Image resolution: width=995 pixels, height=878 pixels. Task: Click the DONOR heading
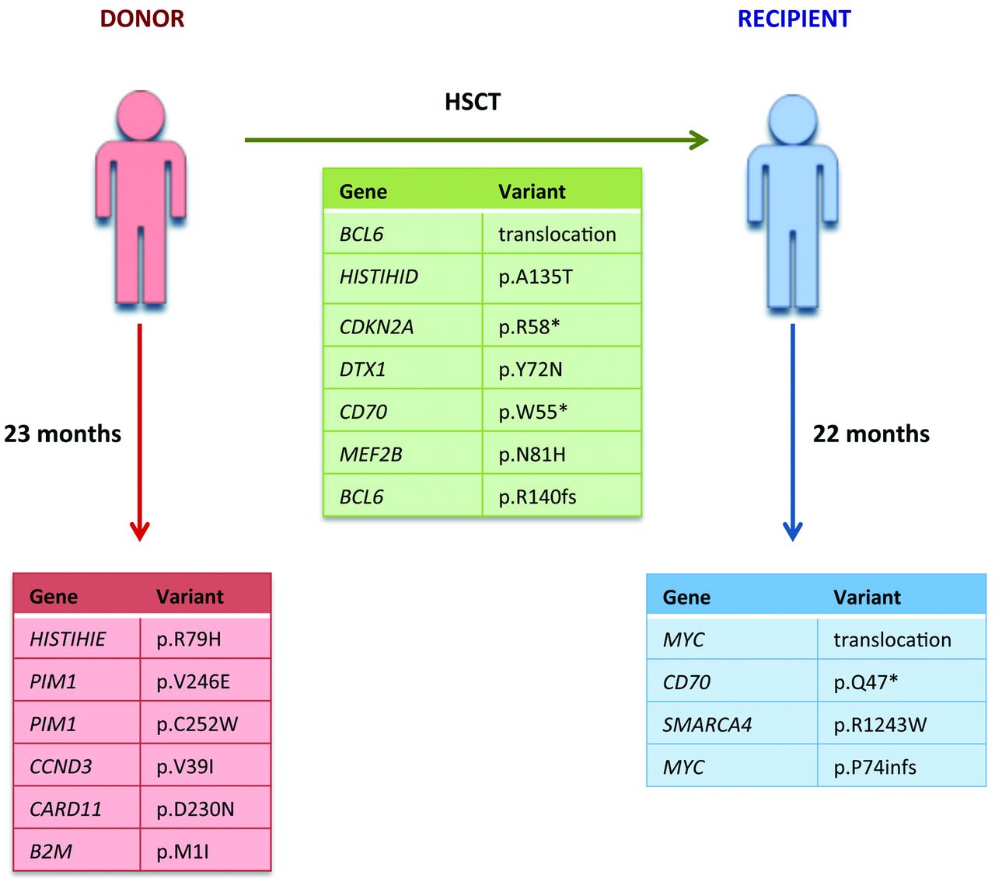click(142, 19)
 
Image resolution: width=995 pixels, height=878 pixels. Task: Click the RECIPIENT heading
click(794, 19)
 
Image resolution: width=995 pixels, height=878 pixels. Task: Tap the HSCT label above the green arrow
click(473, 102)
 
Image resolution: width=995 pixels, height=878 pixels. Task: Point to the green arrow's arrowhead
click(700, 140)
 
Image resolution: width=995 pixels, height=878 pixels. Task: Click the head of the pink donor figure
click(141, 115)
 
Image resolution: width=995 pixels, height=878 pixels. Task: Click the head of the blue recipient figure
click(792, 119)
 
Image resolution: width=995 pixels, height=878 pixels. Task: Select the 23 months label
click(63, 434)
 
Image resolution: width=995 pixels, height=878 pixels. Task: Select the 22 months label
click(871, 434)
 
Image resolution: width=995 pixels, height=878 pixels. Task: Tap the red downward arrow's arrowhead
click(140, 531)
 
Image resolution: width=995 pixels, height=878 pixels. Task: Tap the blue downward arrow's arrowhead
click(792, 531)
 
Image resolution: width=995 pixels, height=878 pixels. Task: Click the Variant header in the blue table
click(867, 597)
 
